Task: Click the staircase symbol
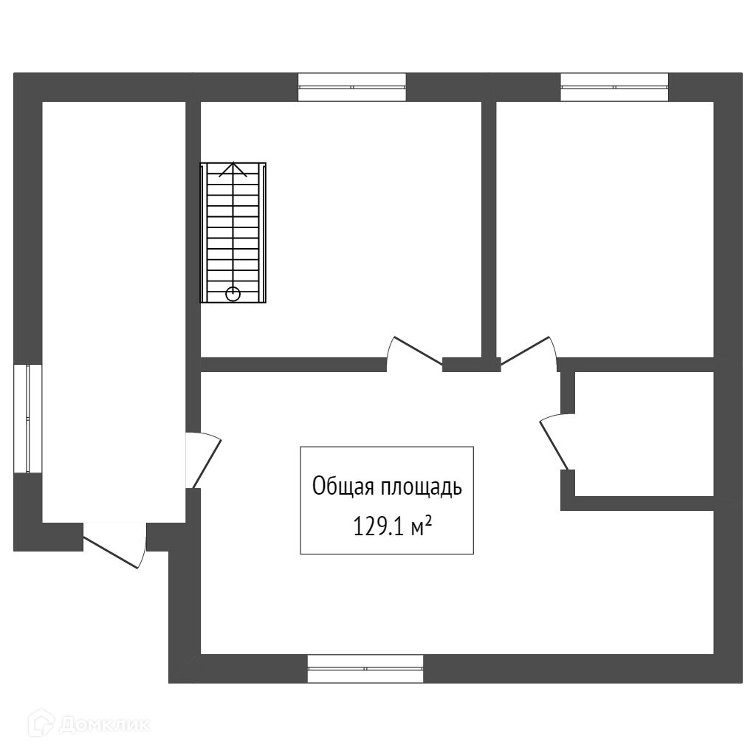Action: click(x=233, y=233)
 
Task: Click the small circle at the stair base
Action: click(x=233, y=294)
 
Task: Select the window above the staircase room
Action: click(x=352, y=86)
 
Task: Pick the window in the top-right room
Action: click(x=614, y=86)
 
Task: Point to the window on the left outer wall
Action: click(x=28, y=418)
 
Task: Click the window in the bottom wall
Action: click(x=365, y=668)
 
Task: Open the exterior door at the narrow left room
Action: click(x=114, y=545)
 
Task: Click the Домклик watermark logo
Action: click(x=89, y=724)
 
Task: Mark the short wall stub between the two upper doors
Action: click(x=471, y=363)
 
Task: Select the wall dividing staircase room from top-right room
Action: click(x=489, y=229)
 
